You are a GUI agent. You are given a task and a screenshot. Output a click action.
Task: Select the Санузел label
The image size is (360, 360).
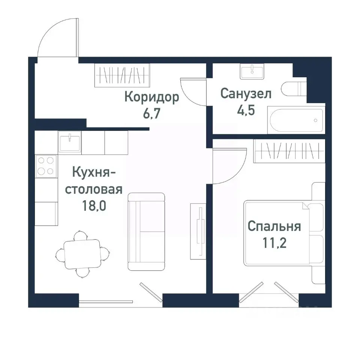[x=246, y=94]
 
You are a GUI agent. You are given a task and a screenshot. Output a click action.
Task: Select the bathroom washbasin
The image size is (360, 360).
[x=252, y=71]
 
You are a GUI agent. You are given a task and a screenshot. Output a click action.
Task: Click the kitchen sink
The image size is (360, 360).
[x=70, y=141]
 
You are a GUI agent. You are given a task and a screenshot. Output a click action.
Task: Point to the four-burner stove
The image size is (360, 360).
[x=46, y=166]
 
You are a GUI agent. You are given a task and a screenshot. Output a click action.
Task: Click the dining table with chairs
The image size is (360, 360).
[x=82, y=254]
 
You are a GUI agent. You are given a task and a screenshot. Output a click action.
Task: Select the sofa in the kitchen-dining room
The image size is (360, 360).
[x=146, y=231]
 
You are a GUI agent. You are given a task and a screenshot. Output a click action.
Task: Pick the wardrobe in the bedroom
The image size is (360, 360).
[x=289, y=151]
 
